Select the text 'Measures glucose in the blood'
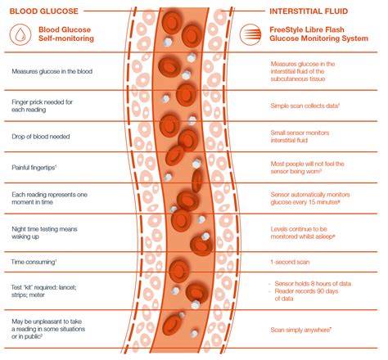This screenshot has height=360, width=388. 51,72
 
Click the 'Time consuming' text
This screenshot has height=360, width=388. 34,262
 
